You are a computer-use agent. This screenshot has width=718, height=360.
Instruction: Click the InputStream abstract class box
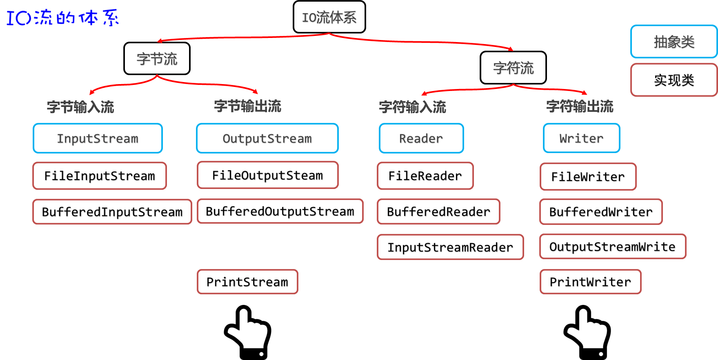click(98, 138)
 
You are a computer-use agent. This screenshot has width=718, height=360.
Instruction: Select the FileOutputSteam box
click(267, 175)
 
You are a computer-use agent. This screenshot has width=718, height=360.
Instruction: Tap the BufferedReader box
click(438, 211)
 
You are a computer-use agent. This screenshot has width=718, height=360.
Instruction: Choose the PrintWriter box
click(590, 282)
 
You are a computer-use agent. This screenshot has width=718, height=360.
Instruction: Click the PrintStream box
click(247, 282)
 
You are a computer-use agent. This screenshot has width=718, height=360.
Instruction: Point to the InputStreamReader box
click(450, 247)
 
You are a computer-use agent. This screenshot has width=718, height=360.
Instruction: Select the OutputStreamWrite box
click(612, 247)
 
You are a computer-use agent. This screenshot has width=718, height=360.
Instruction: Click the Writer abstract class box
click(581, 138)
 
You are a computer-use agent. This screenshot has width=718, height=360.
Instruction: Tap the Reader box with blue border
click(421, 138)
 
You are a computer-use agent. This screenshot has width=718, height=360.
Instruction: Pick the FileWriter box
click(588, 176)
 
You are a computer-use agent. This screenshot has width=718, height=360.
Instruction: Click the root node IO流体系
click(329, 17)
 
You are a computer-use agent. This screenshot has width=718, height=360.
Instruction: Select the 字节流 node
click(157, 59)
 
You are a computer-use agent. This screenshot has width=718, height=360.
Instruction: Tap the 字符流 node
click(513, 68)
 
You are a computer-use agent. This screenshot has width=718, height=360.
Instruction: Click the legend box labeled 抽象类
click(674, 42)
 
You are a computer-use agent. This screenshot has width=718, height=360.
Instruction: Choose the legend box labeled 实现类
click(674, 80)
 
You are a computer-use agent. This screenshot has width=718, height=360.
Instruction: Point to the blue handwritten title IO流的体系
click(62, 17)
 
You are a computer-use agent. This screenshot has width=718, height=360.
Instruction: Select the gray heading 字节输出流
click(247, 106)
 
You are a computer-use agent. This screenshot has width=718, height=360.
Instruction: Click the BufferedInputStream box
click(112, 211)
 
